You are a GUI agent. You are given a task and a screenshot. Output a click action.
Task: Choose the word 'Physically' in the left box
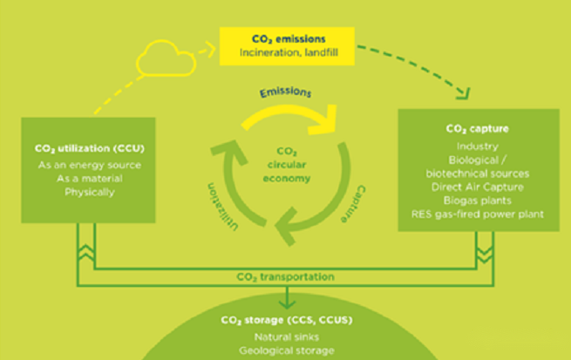(77, 192)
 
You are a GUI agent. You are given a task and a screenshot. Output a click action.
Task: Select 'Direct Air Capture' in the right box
(477, 186)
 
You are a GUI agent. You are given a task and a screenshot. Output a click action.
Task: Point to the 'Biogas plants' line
(477, 199)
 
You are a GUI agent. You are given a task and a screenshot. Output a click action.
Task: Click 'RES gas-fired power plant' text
(477, 213)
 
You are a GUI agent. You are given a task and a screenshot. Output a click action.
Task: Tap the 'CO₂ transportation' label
(285, 277)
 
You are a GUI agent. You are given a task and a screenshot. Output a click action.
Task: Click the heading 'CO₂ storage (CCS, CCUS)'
(285, 320)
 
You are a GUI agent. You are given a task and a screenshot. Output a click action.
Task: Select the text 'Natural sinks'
(285, 336)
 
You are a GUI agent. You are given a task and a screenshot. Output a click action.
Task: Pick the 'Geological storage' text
(285, 350)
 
